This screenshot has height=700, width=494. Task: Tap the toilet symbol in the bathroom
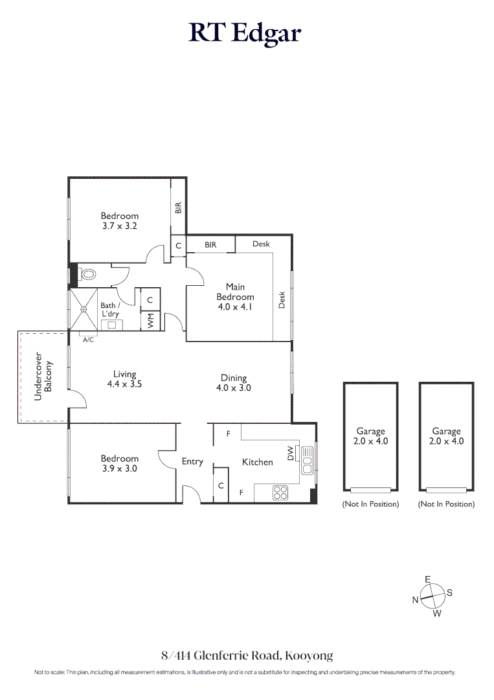pos(87,274)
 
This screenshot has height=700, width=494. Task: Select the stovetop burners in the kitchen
pos(280,493)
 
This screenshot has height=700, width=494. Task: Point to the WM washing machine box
pos(150,320)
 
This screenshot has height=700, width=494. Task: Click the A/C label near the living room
pos(89,339)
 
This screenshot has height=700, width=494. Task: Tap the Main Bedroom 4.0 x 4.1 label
pos(235,297)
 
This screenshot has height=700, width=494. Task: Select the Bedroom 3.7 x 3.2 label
pos(119,221)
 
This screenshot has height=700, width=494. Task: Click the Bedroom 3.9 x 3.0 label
pos(119,463)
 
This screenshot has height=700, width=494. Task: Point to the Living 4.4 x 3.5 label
pos(124,379)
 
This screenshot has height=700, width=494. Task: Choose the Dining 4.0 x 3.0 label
pos(234,382)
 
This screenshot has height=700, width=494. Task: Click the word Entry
pos(192,461)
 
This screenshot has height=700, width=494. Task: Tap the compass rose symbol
pos(432,595)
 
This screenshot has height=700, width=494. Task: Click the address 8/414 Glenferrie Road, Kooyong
pos(247,655)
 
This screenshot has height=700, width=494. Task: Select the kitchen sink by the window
pos(308,461)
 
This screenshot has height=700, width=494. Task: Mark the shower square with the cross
pos(83,309)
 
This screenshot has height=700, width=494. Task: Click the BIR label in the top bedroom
pos(179,207)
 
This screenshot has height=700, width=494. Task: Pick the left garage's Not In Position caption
pos(370,504)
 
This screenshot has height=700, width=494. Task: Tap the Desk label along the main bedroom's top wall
pos(261,244)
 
